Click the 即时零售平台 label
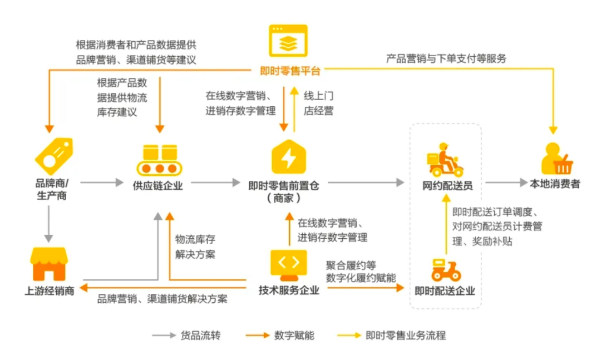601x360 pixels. point(290,71)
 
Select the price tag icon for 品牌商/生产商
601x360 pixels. point(53,156)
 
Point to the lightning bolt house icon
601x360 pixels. point(289,157)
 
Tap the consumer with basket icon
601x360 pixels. point(556,159)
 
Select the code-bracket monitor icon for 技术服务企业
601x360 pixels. point(288,264)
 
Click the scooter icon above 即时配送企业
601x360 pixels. point(445,269)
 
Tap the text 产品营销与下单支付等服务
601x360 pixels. point(446,58)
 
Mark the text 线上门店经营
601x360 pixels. point(318,103)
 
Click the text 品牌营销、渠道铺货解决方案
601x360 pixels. point(162,299)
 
